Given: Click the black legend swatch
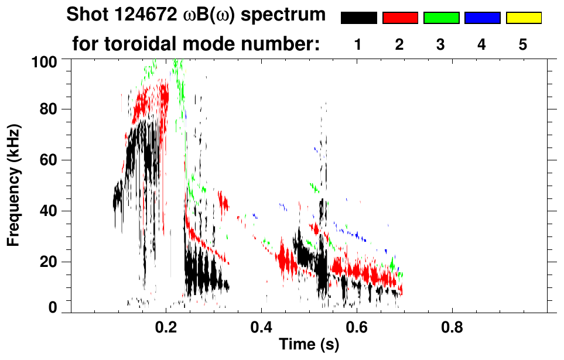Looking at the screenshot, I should (x=358, y=18).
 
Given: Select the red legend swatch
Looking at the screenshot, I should (x=400, y=18).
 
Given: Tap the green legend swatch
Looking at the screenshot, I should (x=441, y=18).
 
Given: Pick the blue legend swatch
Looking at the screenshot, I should (x=482, y=18).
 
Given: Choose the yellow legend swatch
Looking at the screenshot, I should (x=524, y=18).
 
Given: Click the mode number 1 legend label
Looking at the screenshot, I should (x=358, y=45).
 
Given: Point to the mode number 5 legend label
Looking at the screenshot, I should (x=523, y=45).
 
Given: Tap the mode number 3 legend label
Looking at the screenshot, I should (x=440, y=45).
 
